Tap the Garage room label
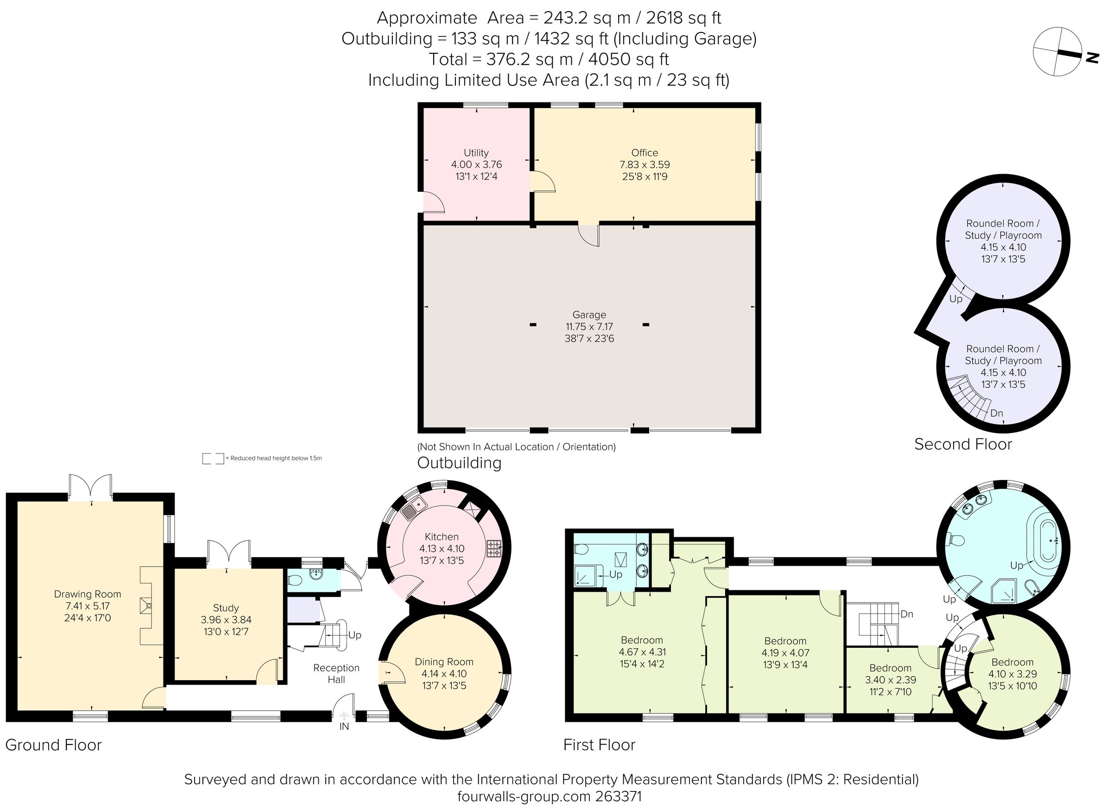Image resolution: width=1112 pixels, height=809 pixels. [589, 315]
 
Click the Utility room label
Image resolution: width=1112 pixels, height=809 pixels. [476, 152]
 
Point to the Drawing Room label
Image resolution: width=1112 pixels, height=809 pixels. [87, 594]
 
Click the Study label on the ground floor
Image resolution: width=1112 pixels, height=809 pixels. [226, 608]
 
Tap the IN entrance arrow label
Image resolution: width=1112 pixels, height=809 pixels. [344, 727]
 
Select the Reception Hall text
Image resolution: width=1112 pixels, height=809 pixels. [336, 674]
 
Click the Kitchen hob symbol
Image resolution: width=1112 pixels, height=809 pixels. [493, 549]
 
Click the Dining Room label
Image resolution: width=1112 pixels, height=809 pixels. [444, 662]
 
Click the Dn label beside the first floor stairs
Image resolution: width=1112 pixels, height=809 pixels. [907, 614]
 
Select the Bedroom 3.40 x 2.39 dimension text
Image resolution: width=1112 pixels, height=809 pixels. [890, 680]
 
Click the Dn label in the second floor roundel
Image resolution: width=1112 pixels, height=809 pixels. [996, 413]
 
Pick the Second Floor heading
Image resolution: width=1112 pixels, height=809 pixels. [963, 444]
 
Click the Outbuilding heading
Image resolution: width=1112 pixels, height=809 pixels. [459, 463]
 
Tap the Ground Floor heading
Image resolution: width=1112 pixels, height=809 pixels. [53, 745]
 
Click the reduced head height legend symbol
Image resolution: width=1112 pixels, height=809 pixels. [213, 458]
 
